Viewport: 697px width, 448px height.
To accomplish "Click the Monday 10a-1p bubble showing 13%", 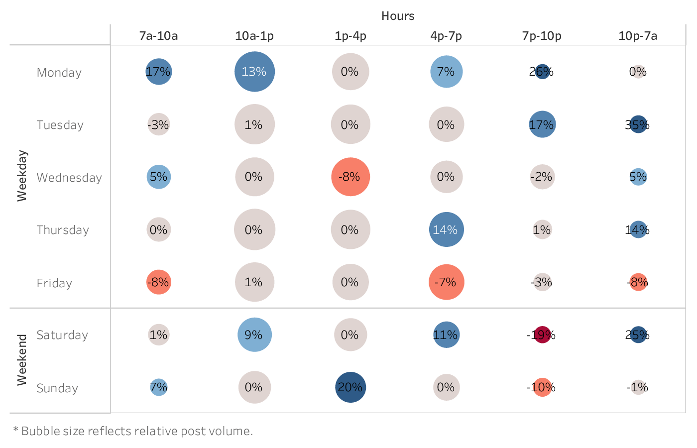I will (254, 72).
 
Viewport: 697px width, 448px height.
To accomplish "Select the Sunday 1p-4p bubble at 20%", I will (350, 387).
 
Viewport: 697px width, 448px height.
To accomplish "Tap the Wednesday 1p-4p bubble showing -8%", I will (350, 177).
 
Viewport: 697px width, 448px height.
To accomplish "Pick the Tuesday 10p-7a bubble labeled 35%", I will (638, 124).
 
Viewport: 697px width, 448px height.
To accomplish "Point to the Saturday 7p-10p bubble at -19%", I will (542, 335).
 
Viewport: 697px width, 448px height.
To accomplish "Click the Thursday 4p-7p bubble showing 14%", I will (446, 229).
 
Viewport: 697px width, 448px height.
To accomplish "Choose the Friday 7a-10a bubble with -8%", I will (159, 282).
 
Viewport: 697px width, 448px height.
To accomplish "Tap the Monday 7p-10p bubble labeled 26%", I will (542, 72).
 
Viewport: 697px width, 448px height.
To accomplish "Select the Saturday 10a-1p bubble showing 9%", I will (254, 335).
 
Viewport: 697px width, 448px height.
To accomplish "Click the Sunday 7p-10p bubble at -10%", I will (542, 387).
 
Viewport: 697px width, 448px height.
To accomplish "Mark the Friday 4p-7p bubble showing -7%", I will (446, 282).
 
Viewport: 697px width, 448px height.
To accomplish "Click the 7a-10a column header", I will (158, 36).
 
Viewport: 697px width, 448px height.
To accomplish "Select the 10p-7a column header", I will (638, 36).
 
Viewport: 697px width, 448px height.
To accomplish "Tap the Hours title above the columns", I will (398, 16).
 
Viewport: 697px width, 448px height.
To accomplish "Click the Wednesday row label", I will (69, 178).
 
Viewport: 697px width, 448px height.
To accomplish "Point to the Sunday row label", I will (57, 388).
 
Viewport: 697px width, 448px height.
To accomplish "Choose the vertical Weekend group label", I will (22, 360).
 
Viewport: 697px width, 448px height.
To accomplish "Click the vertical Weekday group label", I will (22, 176).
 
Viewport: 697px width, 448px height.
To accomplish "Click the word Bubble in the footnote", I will (37, 431).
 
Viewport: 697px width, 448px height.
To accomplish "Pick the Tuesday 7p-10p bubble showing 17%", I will (542, 124).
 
